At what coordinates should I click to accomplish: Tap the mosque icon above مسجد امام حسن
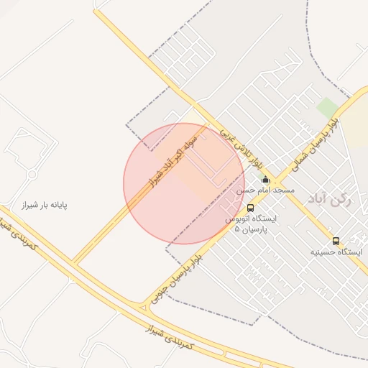[x=266, y=180]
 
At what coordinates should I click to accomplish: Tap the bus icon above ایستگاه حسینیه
[x=336, y=241]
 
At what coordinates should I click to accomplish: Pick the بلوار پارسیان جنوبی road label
[x=185, y=277]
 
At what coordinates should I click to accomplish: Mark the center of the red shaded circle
[x=184, y=184]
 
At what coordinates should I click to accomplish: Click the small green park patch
[x=328, y=109]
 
